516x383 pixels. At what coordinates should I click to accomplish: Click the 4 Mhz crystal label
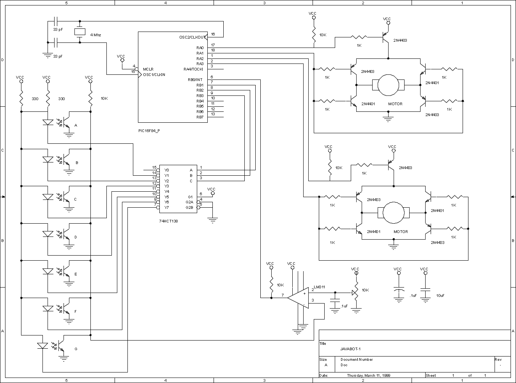coord(95,35)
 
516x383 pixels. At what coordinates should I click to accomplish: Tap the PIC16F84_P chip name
coord(149,131)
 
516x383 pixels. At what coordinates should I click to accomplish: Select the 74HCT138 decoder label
coord(168,221)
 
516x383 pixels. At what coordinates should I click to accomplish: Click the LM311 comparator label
coord(320,287)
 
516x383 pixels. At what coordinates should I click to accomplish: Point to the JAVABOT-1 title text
coord(350,349)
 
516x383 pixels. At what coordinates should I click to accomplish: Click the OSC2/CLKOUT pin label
coord(193,37)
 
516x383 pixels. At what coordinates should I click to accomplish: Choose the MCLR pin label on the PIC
coord(148,69)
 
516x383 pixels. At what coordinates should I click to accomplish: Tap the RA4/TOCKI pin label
coord(193,69)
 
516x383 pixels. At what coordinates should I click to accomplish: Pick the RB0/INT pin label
coord(195,79)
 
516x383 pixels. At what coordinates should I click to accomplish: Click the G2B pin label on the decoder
coord(189,207)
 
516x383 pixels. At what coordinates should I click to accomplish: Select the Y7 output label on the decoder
coord(166,207)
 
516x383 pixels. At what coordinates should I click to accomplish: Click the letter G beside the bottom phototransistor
coord(76,349)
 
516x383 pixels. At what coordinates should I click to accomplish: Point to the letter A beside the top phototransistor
coord(76,125)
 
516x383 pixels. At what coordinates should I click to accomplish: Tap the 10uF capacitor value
coord(440,295)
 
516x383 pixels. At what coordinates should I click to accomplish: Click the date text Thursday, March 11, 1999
coord(369,375)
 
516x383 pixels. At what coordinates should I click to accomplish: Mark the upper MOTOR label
coord(395,104)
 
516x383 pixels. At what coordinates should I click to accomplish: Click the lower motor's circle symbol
coord(394,213)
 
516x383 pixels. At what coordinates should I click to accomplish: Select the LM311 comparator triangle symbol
coord(298,298)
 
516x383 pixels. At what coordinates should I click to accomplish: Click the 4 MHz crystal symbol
coord(80,32)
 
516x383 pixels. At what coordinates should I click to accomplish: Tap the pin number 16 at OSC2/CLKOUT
coord(213,34)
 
